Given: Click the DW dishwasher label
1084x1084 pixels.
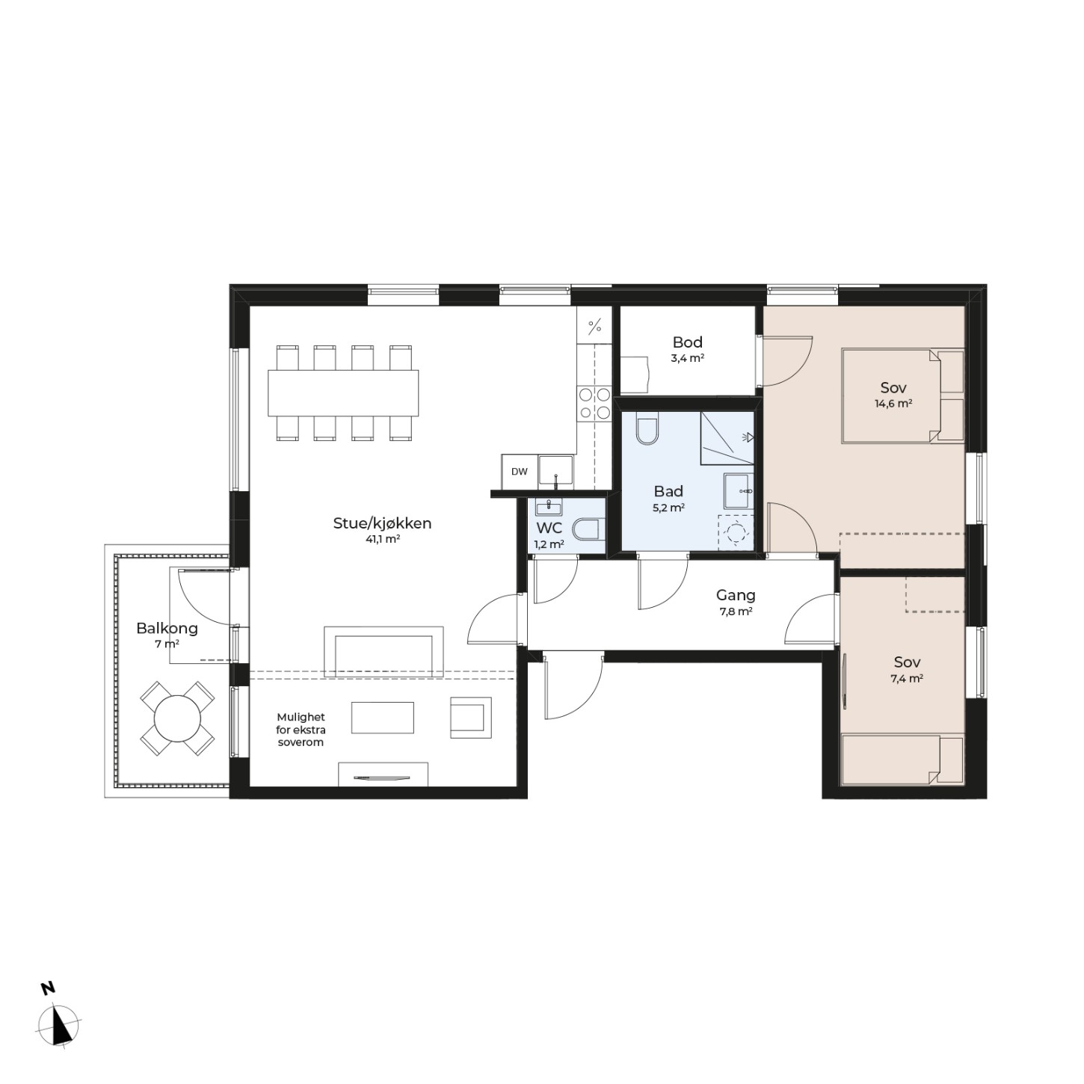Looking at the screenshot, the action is click(519, 472).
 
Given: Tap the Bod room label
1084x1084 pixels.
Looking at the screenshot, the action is click(687, 342).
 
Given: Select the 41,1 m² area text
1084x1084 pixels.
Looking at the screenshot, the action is click(382, 539).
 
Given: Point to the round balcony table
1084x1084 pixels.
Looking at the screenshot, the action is click(177, 718).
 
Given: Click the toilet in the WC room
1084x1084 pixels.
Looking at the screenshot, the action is click(585, 529).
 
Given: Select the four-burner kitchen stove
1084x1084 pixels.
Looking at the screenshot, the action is click(594, 403).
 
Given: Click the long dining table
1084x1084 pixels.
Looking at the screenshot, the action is click(343, 392).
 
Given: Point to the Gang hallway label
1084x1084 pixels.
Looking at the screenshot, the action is click(735, 594).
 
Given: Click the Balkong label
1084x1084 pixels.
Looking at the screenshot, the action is click(167, 629).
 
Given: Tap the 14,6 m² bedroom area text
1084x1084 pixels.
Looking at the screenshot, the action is click(893, 404).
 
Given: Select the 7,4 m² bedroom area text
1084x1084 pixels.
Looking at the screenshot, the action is click(907, 678).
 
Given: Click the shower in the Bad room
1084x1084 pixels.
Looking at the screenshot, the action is click(727, 437).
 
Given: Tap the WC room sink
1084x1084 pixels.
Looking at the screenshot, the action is click(549, 508).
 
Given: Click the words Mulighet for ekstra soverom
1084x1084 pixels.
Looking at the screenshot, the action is click(301, 730).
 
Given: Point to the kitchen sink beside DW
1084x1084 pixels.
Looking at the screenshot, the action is click(555, 470).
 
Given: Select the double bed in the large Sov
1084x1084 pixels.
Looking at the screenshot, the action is click(903, 395).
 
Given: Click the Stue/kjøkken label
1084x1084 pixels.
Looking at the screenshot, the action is click(382, 524).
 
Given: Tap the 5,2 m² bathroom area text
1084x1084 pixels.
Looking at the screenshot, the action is click(668, 507).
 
